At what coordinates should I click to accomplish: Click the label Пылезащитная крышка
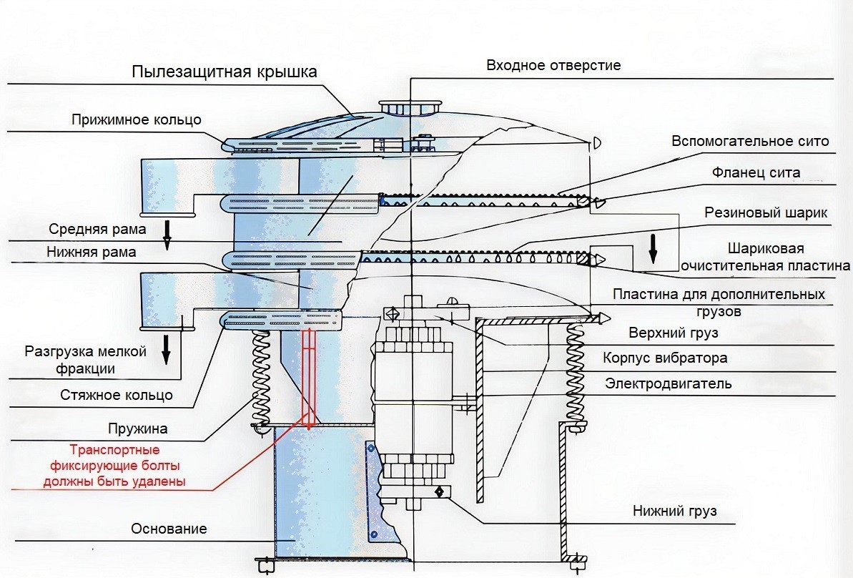click(225, 72)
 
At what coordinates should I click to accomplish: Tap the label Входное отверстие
click(553, 65)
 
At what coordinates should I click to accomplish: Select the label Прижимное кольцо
click(137, 119)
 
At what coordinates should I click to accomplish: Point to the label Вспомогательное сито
click(750, 141)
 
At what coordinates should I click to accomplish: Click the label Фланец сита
click(756, 172)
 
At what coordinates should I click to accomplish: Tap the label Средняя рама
click(97, 230)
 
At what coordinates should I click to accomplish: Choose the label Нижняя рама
click(91, 252)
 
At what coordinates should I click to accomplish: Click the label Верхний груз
click(673, 333)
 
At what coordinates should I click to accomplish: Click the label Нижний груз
click(674, 511)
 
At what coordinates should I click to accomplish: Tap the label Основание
click(169, 529)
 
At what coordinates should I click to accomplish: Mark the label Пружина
click(138, 429)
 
